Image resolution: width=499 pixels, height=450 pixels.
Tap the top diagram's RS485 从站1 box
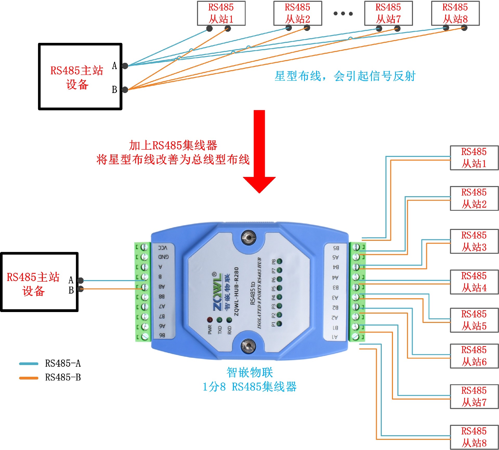click(221, 13)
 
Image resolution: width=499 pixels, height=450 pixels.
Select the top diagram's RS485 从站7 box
click(388, 13)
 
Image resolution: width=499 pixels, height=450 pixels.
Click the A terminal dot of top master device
click(125, 66)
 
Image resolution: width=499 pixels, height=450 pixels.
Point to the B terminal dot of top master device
click(125, 90)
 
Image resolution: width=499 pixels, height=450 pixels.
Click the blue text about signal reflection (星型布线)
click(345, 76)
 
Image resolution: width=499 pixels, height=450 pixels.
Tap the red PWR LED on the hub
click(210, 320)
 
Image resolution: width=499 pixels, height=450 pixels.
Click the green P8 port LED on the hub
click(279, 261)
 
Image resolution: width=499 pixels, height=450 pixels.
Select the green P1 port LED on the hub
click(279, 324)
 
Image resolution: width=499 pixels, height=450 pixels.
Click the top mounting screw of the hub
click(248, 237)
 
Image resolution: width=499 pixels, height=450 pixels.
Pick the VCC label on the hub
click(163, 248)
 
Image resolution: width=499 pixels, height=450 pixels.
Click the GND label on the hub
click(163, 257)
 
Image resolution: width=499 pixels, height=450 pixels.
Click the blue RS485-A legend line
click(29, 364)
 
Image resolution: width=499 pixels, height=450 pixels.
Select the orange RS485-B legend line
click(29, 378)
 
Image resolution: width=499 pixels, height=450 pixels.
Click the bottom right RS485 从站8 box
click(474, 437)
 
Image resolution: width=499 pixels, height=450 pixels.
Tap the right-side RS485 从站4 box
click(474, 282)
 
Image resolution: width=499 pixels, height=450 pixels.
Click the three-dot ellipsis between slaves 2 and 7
click(343, 14)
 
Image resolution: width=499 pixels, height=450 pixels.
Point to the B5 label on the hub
click(336, 248)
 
